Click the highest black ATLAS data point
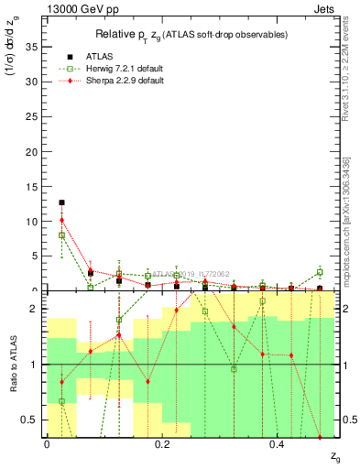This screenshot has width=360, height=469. click(61, 202)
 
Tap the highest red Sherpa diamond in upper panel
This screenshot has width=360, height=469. click(61, 220)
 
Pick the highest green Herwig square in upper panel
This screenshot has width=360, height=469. click(61, 235)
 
